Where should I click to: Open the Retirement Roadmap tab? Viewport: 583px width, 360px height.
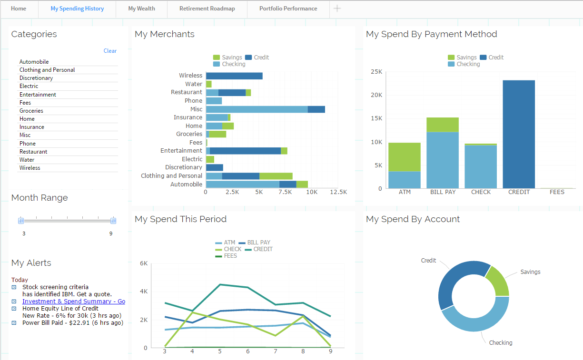[x=207, y=9]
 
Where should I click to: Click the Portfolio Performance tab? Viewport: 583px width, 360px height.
[x=288, y=9]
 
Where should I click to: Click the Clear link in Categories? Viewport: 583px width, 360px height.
[x=110, y=51]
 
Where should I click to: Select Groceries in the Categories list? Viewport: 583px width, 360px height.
[x=31, y=111]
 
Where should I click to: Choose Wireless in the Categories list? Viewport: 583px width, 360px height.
[x=30, y=168]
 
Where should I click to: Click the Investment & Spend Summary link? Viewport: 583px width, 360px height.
[x=73, y=302]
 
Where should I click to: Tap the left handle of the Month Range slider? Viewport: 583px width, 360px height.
[x=21, y=221]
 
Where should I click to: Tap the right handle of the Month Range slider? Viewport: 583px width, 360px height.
[x=113, y=221]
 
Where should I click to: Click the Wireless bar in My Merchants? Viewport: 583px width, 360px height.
[x=234, y=76]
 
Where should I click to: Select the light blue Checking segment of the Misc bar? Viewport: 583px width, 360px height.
[x=257, y=109]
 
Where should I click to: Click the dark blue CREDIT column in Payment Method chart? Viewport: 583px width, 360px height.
[x=519, y=134]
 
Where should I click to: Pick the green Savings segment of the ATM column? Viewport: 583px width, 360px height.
[x=404, y=156]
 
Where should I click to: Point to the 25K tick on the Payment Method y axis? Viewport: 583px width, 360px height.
[x=377, y=72]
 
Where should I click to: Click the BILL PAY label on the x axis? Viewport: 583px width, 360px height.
[x=443, y=193]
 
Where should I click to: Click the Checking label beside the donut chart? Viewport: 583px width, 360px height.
[x=501, y=343]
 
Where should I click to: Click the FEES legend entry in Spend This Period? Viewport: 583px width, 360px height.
[x=230, y=256]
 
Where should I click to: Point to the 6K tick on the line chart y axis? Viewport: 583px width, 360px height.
[x=143, y=263]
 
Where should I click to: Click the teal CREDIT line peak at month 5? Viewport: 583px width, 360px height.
[x=220, y=284]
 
